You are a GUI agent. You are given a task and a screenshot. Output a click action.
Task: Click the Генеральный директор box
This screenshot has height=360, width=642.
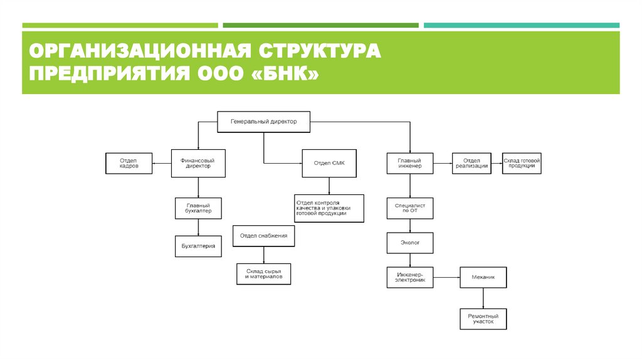click(x=264, y=122)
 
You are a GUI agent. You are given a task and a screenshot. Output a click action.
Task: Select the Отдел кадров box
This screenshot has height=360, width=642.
click(x=129, y=163)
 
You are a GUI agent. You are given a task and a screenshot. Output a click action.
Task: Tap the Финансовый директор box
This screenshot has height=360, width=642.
click(x=198, y=163)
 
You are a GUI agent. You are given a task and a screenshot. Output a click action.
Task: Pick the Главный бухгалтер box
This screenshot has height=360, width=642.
click(x=198, y=208)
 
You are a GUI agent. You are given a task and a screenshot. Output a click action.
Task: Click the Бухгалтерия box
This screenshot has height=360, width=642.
click(x=198, y=246)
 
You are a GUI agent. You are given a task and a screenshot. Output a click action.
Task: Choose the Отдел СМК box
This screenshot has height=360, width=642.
click(x=329, y=163)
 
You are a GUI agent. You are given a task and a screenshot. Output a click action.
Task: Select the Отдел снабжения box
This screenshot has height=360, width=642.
click(x=264, y=236)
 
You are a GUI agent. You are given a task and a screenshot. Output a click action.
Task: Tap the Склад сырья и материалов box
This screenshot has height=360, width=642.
click(x=264, y=273)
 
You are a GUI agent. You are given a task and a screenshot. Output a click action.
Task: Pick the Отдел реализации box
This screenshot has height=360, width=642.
click(x=473, y=163)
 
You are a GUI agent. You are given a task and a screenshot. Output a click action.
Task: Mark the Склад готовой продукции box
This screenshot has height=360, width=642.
click(x=522, y=163)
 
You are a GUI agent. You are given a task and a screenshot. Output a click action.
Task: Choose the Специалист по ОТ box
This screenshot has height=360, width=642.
click(x=410, y=208)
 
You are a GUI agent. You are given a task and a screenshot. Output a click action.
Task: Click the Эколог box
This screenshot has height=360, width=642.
click(x=410, y=241)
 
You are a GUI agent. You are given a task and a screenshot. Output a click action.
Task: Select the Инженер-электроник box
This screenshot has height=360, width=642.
click(x=410, y=277)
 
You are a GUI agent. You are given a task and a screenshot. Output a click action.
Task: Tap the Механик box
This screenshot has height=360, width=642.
click(x=483, y=277)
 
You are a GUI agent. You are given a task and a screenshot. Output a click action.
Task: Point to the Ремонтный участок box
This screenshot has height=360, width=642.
click(x=483, y=319)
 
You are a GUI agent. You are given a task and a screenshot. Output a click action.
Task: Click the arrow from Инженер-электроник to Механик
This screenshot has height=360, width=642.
click(x=446, y=277)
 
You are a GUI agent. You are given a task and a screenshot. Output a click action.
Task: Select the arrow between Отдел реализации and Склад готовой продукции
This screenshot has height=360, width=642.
click(x=498, y=162)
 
